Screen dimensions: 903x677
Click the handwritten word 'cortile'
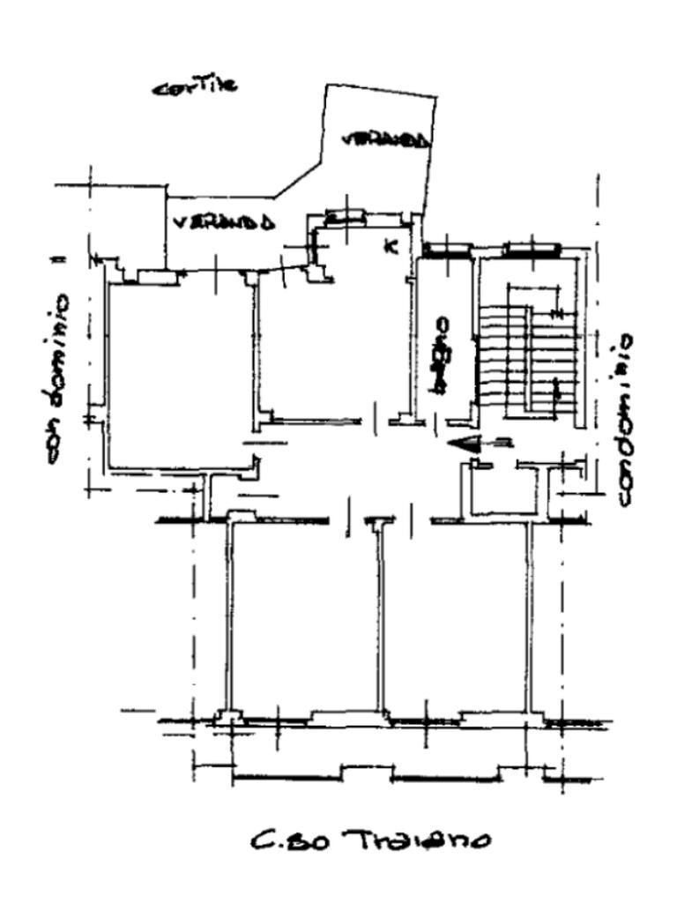point(195,86)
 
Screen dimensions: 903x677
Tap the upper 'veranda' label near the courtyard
point(386,139)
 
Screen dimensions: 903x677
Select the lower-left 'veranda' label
point(223,221)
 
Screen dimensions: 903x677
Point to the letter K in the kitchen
point(391,246)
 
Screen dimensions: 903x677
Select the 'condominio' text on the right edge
point(624,419)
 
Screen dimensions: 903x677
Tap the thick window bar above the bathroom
point(446,250)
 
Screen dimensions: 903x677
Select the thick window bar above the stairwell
point(532,250)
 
